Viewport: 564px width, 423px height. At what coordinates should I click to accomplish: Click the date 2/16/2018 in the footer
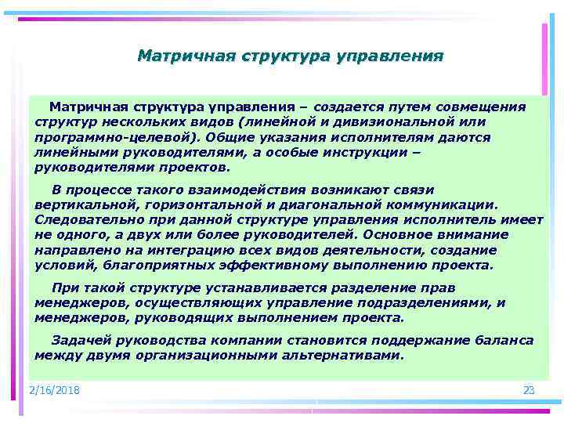pyautogui.click(x=54, y=390)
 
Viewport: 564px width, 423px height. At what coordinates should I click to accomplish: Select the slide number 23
pyautogui.click(x=528, y=390)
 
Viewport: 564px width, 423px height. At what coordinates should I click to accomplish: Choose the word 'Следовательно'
pyautogui.click(x=85, y=219)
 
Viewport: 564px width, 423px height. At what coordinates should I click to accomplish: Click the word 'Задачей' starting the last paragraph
pyautogui.click(x=79, y=340)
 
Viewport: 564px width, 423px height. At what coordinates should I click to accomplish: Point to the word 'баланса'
pyautogui.click(x=504, y=340)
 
